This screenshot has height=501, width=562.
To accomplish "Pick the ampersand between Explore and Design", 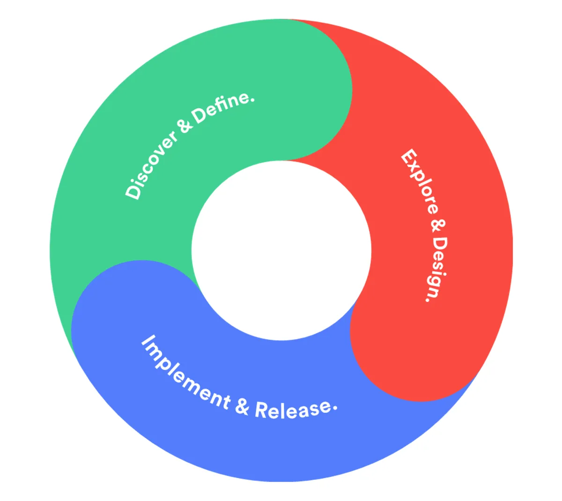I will [438, 225].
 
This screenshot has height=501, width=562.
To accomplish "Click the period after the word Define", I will [253, 99].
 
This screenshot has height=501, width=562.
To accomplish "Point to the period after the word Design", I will [428, 298].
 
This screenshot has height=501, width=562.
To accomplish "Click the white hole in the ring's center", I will [281, 251].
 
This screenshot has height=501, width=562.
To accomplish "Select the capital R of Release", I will [261, 410].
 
